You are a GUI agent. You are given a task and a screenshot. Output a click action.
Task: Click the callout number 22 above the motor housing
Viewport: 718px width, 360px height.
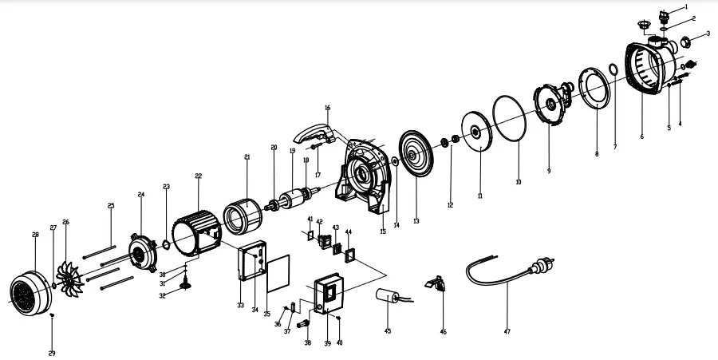click(x=198, y=176)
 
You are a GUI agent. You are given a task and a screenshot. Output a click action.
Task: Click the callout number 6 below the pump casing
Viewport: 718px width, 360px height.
click(x=641, y=136)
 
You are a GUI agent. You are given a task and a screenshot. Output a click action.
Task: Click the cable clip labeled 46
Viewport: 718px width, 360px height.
click(x=436, y=283)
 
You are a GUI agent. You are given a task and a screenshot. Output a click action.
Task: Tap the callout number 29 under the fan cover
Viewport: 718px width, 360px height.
click(x=52, y=353)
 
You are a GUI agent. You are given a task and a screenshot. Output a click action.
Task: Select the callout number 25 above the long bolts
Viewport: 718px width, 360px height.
click(x=111, y=206)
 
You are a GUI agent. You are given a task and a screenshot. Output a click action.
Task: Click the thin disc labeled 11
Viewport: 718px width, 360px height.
click(x=476, y=134)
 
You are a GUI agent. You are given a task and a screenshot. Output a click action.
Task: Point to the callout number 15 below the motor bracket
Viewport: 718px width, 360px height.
click(x=382, y=231)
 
